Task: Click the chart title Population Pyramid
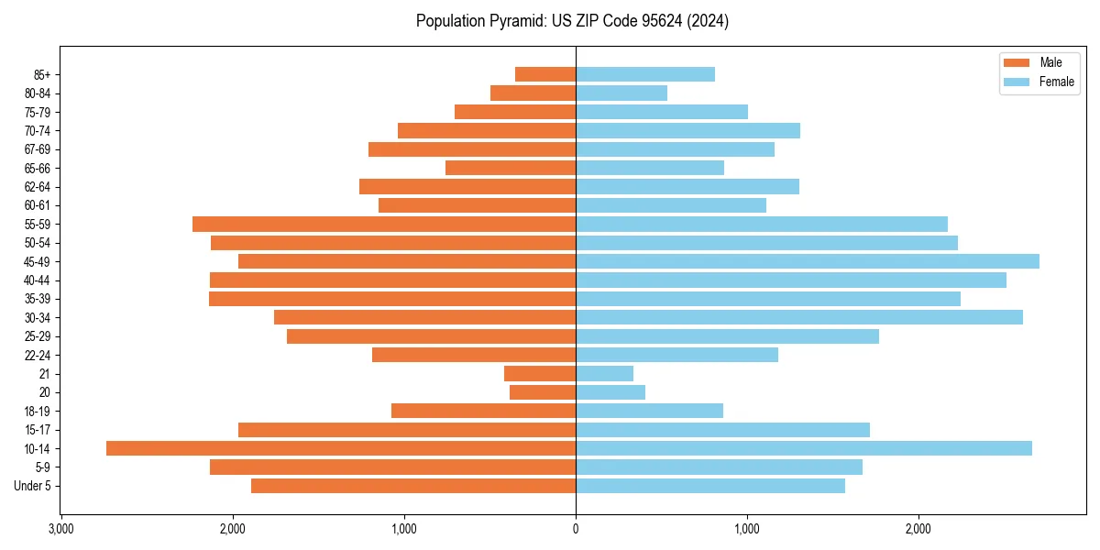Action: point(572,21)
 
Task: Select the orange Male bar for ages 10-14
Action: point(341,448)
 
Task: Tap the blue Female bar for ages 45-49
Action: point(807,261)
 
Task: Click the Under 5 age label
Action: point(33,486)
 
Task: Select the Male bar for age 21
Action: point(540,374)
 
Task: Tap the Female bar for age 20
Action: point(610,392)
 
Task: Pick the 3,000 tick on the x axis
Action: point(60,529)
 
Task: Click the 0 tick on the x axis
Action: point(576,529)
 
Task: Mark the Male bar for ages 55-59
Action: point(384,224)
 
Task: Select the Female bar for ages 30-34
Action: point(799,317)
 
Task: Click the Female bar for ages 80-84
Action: point(621,93)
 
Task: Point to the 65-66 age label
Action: point(38,168)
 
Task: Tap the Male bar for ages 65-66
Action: point(511,168)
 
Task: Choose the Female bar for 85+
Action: point(645,74)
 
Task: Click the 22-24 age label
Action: point(38,355)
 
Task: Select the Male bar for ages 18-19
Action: point(483,411)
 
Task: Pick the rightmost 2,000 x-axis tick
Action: point(918,529)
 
